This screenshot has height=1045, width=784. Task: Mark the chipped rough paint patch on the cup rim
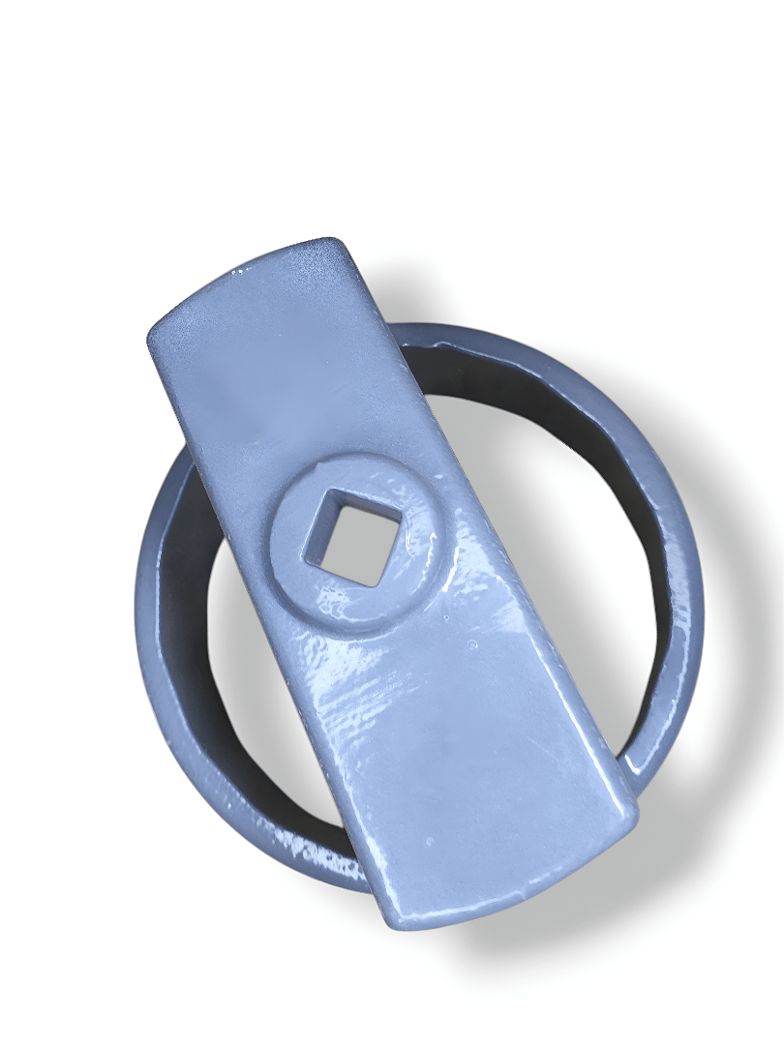tap(324, 856)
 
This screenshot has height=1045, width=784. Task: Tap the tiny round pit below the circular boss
tap(471, 645)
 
